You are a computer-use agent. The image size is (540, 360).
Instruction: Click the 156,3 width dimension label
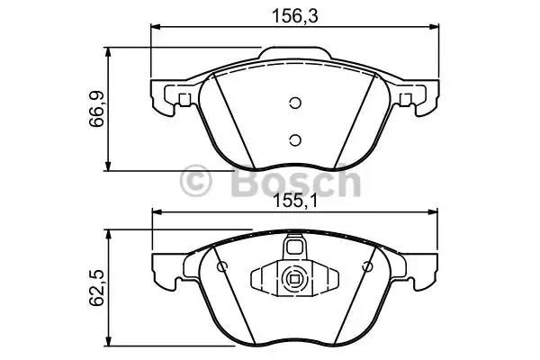coord(295,16)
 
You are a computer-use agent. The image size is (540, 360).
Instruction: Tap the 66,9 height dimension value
coord(97,109)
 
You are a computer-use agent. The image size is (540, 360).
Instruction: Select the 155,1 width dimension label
coord(295,202)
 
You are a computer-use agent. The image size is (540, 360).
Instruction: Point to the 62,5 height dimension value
coord(97,288)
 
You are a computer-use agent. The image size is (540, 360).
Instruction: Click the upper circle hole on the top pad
coord(295,103)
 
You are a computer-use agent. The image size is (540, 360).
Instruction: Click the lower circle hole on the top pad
coord(295,139)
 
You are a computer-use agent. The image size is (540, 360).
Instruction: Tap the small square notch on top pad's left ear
coord(184,100)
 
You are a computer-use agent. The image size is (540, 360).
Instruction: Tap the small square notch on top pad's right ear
coord(405,100)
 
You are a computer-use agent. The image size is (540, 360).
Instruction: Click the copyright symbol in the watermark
coord(195,181)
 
